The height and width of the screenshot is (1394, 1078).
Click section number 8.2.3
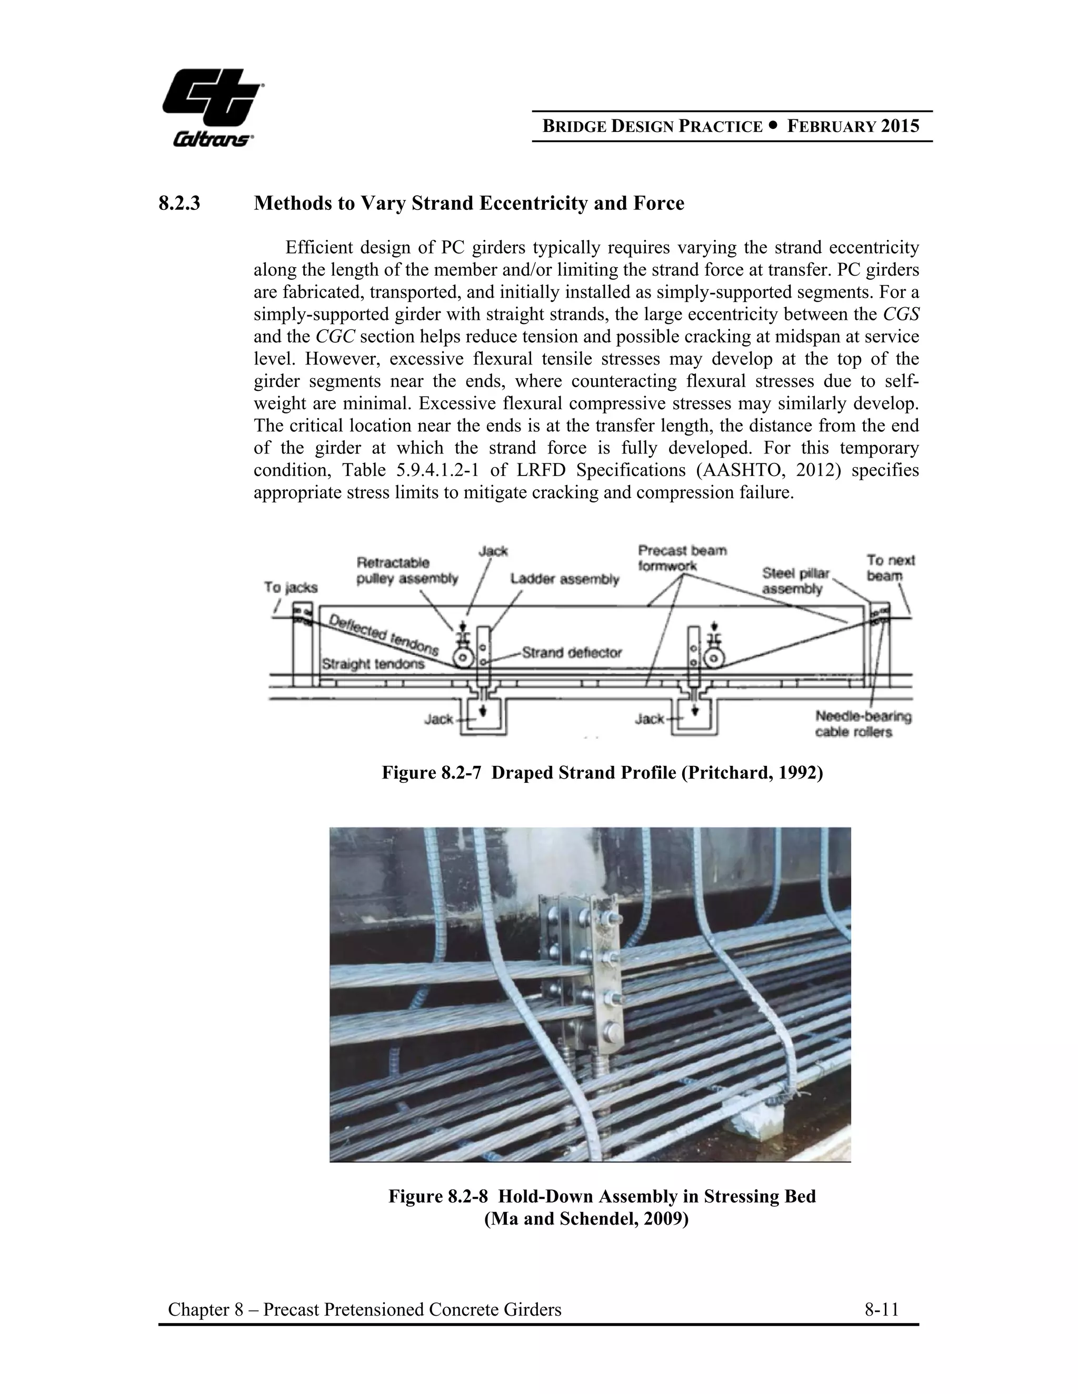(x=179, y=204)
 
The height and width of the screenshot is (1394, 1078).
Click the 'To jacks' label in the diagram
(x=291, y=587)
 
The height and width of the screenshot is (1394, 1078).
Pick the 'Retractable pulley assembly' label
(x=407, y=571)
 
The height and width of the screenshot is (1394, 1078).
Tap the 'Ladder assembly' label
(x=565, y=579)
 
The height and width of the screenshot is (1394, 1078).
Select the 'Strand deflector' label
(x=572, y=652)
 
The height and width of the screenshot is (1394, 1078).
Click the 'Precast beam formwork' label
(x=682, y=558)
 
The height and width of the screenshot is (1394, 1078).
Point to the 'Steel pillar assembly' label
(x=795, y=581)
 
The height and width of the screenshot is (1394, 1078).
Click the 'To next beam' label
(x=890, y=568)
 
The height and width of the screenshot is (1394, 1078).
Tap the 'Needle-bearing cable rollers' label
(x=863, y=724)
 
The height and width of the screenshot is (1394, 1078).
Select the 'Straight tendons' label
(x=373, y=664)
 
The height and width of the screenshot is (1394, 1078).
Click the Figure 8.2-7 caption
(x=602, y=773)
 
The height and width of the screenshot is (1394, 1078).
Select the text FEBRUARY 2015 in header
(x=853, y=126)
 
